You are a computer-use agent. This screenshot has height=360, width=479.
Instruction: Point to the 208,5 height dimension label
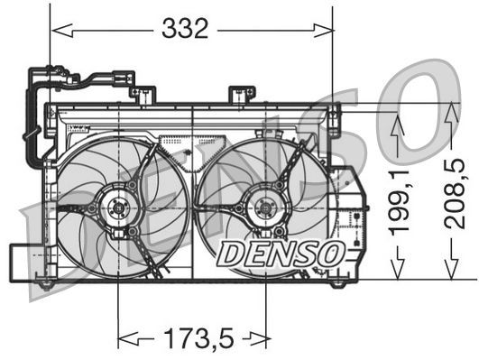pos(458,192)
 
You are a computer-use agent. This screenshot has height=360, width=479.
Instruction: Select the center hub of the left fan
pos(118,208)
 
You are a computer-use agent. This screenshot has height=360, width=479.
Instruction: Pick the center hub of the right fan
pos(266,208)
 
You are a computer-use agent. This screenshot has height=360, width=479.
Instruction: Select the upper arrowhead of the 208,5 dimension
pos(452,111)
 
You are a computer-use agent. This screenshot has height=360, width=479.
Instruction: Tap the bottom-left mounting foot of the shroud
pos(45,284)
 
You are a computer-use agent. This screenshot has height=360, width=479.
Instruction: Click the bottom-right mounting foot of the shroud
pos(337,282)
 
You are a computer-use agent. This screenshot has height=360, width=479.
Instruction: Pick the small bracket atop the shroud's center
pos(241,95)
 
